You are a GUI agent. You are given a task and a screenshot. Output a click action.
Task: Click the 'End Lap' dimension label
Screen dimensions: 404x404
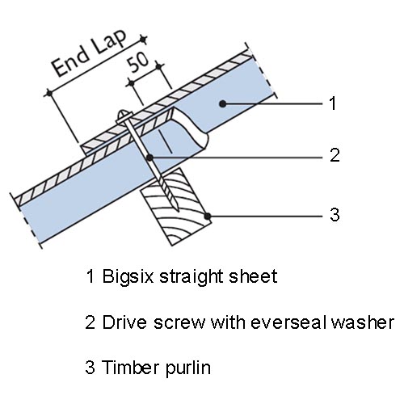(90, 53)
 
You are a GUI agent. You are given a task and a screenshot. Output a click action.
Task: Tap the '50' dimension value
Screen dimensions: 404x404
(138, 62)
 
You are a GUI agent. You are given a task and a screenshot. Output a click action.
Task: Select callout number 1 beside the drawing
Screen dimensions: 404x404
(333, 103)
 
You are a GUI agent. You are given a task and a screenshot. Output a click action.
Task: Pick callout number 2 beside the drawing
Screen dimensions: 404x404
(335, 155)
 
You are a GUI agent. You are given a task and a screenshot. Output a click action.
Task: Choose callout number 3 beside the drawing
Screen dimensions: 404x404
(335, 215)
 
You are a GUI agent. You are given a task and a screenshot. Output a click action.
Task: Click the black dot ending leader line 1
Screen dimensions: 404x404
(223, 103)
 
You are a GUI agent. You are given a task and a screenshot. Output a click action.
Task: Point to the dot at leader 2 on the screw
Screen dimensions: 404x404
(149, 158)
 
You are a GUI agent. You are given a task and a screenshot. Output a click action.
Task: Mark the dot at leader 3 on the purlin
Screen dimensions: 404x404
(208, 216)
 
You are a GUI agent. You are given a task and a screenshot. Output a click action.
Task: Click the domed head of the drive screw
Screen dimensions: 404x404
(124, 116)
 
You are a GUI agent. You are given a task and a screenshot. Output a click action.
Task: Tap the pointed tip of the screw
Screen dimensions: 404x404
(177, 209)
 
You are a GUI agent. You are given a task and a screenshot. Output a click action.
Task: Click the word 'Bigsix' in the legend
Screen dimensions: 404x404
(128, 277)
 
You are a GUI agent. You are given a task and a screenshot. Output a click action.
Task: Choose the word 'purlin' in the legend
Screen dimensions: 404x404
(187, 368)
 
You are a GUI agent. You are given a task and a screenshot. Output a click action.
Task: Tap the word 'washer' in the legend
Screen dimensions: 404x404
(363, 322)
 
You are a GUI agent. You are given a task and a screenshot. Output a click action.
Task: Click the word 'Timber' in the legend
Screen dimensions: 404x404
(131, 367)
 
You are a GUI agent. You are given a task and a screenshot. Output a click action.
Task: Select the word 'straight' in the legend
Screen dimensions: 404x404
(191, 277)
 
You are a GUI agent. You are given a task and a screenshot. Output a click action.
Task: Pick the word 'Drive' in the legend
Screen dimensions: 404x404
(124, 322)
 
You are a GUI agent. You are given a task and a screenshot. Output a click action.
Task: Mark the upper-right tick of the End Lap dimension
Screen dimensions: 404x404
(143, 40)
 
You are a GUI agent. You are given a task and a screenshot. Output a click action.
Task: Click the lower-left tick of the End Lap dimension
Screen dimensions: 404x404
(49, 93)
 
